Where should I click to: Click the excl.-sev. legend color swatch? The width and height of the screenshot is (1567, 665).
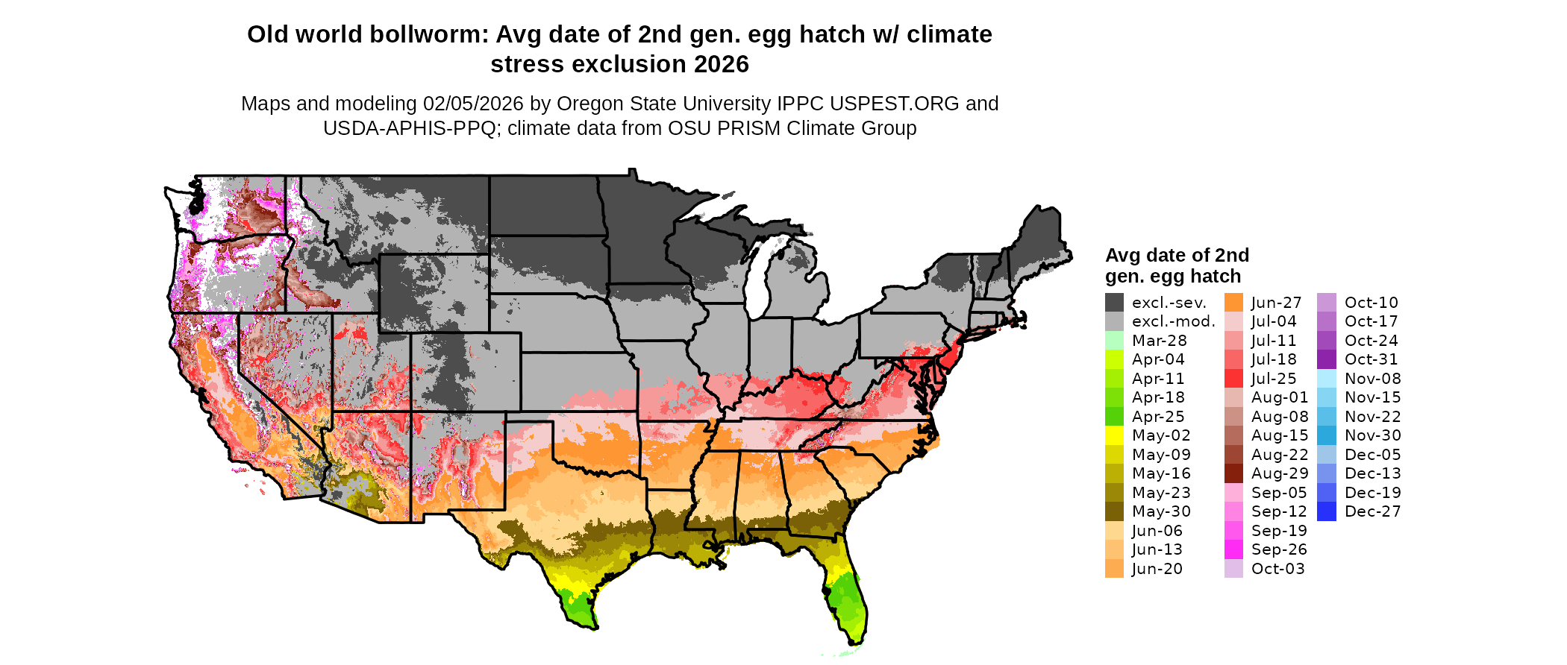pos(1114,303)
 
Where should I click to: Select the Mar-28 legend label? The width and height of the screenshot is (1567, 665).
pos(1159,341)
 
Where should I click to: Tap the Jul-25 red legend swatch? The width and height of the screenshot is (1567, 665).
pos(1234,379)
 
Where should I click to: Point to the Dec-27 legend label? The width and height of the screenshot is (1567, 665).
pos(1372,511)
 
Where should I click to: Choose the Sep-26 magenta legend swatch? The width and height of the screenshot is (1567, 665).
pos(1234,549)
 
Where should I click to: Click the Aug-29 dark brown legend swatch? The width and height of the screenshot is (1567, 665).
pos(1234,473)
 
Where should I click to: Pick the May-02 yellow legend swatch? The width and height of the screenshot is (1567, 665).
pos(1114,435)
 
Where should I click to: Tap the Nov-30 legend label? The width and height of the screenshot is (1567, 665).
pos(1372,435)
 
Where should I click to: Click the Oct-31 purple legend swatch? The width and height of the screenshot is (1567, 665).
pos(1327,359)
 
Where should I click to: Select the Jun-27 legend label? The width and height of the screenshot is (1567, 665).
pos(1276,303)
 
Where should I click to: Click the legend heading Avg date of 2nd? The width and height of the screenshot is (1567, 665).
pos(1177,256)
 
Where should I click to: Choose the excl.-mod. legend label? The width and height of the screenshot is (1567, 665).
pos(1173,321)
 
